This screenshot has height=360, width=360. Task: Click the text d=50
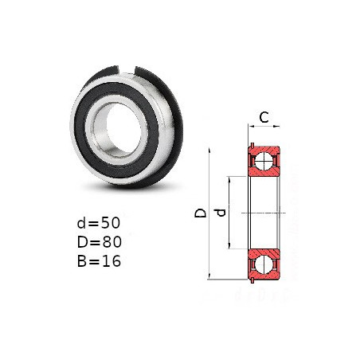coord(99,223)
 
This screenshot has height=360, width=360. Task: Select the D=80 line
coord(100,242)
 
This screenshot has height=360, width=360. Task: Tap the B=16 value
coord(99,260)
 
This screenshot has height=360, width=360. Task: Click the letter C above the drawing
coord(264,117)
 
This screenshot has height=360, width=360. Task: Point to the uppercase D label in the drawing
coord(200,213)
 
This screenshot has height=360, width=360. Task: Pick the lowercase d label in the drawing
coord(220,213)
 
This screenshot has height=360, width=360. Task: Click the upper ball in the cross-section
coord(264,161)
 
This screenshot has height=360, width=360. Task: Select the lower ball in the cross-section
coord(264,264)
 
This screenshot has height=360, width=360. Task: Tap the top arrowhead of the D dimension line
coord(209,151)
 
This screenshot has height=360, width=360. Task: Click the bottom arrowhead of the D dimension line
coord(209,276)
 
